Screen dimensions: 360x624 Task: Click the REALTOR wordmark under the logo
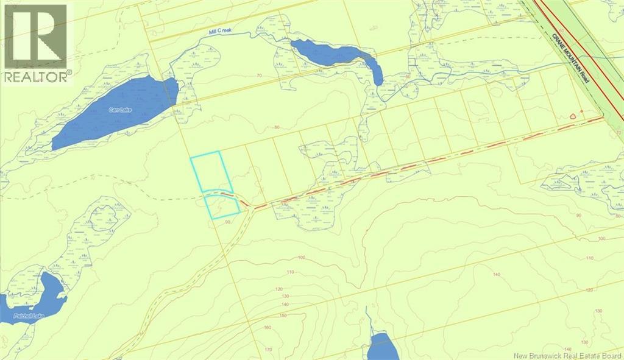pyautogui.click(x=37, y=77)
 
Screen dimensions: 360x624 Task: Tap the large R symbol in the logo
pyautogui.click(x=35, y=37)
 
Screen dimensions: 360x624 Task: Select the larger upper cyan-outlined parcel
pyautogui.click(x=211, y=172)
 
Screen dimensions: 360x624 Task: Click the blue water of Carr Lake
pyautogui.click(x=116, y=113)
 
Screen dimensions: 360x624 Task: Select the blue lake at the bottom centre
pyautogui.click(x=384, y=347)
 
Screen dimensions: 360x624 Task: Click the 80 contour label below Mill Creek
pyautogui.click(x=277, y=127)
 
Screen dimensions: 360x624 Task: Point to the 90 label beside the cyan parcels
pyautogui.click(x=228, y=222)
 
